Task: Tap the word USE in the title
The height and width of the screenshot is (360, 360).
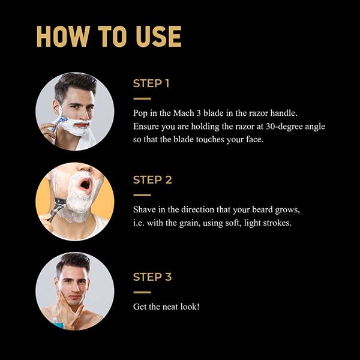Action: (158, 36)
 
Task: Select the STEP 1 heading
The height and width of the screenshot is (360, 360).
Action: (151, 83)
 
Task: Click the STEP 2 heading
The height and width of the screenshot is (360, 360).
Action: (152, 180)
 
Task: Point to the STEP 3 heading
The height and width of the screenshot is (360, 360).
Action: (152, 277)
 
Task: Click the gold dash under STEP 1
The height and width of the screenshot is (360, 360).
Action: (142, 99)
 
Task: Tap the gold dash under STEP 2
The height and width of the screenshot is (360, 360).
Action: (142, 195)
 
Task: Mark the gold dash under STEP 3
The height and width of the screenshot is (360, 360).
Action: (142, 292)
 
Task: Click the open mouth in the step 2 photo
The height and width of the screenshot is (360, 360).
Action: (85, 184)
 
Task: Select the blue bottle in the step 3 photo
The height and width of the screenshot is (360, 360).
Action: (58, 323)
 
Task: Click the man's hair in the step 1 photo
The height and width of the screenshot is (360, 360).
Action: (74, 84)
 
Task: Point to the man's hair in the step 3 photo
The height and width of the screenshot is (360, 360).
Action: (73, 263)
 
